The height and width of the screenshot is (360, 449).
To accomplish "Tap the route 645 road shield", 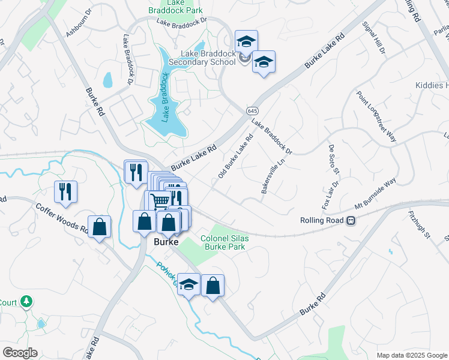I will (252, 111).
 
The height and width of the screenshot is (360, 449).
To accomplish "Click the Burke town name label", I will (166, 242).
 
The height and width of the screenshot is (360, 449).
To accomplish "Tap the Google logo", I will (19, 353).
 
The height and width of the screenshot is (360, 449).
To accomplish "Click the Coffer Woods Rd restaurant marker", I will (65, 191).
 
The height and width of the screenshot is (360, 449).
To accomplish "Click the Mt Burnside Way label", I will (376, 193).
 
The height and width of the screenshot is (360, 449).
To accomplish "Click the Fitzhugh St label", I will (420, 223).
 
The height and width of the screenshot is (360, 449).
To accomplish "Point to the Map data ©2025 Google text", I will (412, 355).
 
